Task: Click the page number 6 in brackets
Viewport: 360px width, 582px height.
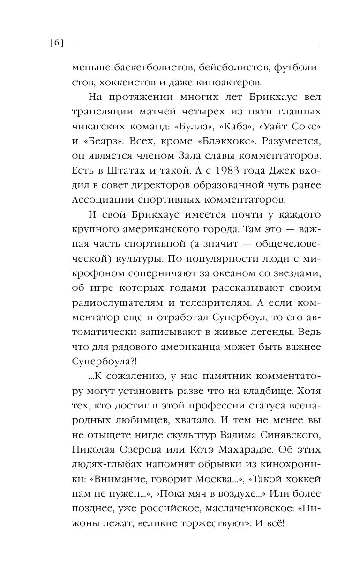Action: (56, 43)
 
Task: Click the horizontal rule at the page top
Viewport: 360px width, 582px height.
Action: (197, 46)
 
